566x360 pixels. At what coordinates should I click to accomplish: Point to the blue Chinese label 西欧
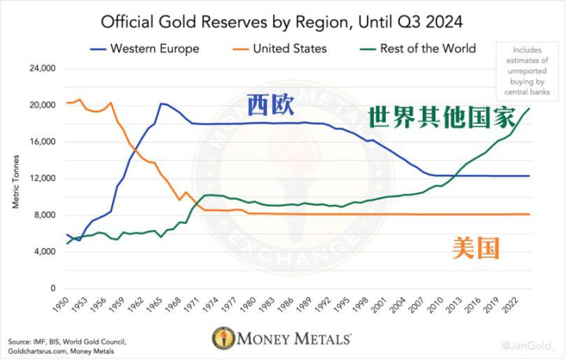(x=270, y=104)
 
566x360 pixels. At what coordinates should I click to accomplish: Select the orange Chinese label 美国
(x=476, y=248)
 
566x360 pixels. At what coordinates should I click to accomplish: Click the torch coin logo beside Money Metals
(x=224, y=339)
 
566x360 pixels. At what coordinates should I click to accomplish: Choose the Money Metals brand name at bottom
(x=294, y=340)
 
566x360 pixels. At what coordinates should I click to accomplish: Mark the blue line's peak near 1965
(x=161, y=103)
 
